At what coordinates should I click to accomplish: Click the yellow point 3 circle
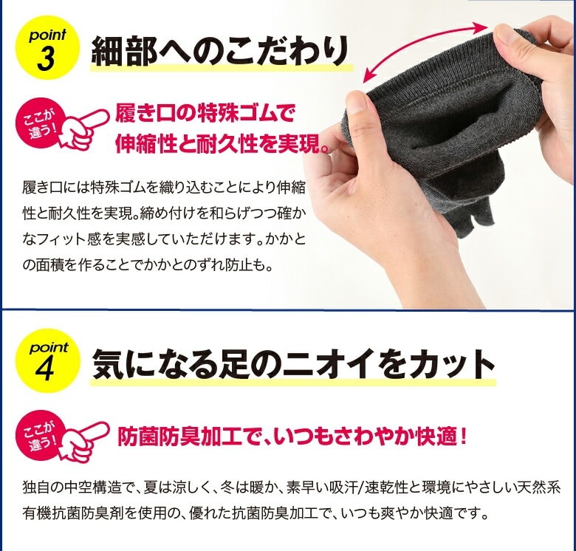click(47, 47)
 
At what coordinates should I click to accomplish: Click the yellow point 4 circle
click(47, 360)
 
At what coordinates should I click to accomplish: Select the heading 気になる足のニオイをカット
click(292, 363)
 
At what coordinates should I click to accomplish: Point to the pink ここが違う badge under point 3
click(38, 124)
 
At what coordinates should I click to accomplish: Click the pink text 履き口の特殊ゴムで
click(205, 114)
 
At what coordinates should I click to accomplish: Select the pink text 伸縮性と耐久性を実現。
click(221, 144)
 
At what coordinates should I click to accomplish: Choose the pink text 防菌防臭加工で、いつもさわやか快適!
click(292, 437)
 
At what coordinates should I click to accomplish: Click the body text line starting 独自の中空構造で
click(291, 487)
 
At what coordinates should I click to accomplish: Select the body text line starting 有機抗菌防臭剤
click(256, 513)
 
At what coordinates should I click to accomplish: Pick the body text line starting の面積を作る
click(148, 264)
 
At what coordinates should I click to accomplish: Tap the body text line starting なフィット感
click(164, 239)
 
